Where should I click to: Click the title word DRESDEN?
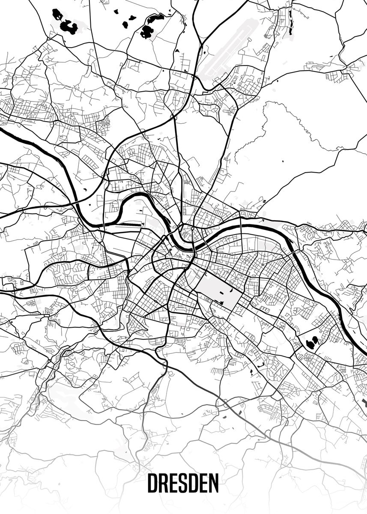click(183, 483)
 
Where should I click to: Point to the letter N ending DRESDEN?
click(213, 483)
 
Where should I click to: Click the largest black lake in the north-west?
click(68, 27)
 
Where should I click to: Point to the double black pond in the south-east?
click(312, 341)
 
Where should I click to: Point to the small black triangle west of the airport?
click(176, 51)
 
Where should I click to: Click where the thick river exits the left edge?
click(2, 129)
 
